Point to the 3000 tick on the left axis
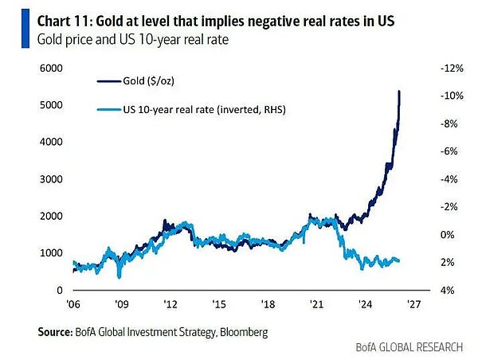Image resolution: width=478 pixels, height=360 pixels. click(51, 179)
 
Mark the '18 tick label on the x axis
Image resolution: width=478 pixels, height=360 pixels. click(268, 303)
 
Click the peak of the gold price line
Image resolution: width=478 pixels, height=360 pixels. click(398, 92)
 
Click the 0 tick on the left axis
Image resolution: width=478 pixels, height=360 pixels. click(60, 290)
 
